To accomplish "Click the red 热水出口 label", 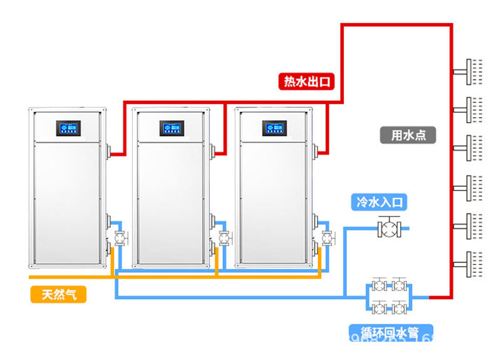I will [307, 81].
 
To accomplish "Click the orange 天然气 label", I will [59, 294].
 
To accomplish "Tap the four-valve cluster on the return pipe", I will [388, 296].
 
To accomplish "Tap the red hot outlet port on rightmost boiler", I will [319, 151].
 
